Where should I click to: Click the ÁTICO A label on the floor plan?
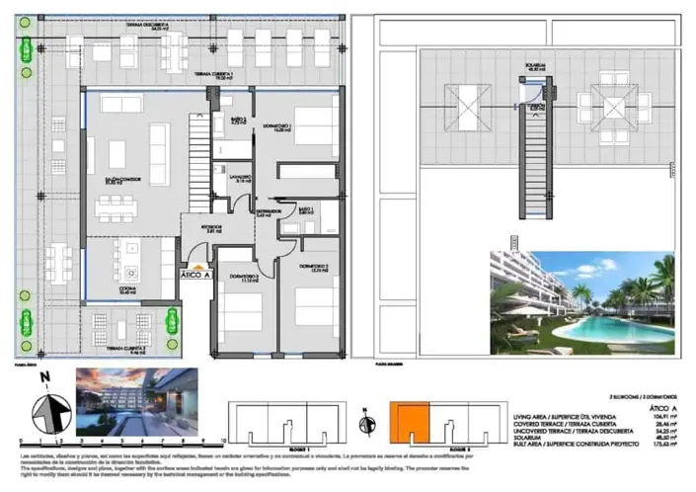coord(196,275)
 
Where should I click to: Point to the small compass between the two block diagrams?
coord(370,423)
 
